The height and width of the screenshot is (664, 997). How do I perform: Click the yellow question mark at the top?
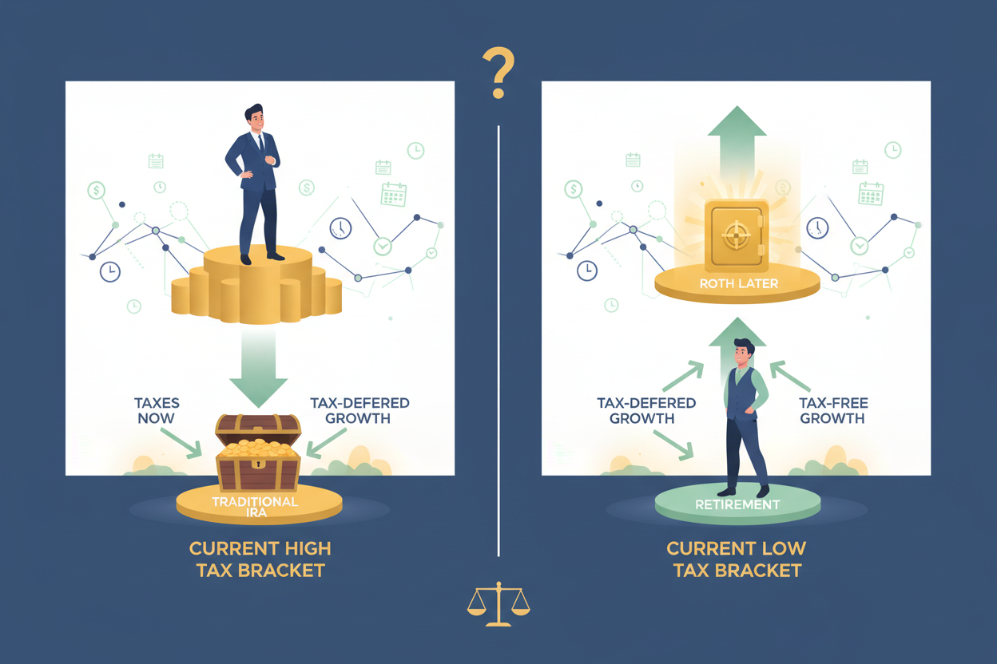[499, 71]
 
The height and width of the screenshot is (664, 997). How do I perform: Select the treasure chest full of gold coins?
[258, 453]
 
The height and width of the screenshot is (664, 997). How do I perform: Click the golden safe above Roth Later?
[737, 235]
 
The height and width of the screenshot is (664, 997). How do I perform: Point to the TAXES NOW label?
[157, 410]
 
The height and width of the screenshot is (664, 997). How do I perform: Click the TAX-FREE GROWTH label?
[833, 410]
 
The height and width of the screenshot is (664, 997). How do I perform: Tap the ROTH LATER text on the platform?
[739, 284]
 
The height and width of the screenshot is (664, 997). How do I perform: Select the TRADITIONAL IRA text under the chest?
[255, 507]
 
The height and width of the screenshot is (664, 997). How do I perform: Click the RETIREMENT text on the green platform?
[737, 504]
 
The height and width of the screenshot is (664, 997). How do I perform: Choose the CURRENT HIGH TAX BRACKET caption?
[260, 559]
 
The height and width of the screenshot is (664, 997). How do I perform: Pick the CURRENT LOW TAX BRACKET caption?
[737, 559]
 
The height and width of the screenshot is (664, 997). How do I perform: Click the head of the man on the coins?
[254, 117]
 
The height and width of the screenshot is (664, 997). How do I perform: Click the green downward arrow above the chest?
[259, 367]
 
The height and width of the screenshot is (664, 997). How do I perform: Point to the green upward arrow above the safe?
[737, 142]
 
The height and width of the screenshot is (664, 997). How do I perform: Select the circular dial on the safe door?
[736, 235]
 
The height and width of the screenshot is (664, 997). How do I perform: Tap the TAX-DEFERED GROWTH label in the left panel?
[359, 410]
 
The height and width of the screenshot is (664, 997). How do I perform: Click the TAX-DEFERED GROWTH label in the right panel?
[645, 410]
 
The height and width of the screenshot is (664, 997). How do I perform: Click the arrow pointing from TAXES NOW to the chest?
[181, 443]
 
